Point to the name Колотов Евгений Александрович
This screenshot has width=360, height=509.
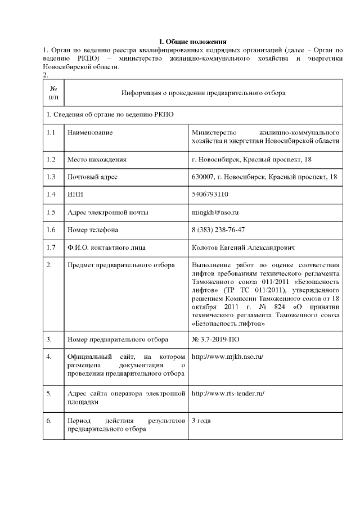[x=243, y=247]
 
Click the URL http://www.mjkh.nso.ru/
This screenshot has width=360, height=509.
[x=227, y=357]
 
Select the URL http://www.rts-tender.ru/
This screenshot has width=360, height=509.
[x=228, y=393]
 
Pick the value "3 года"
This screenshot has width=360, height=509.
[x=201, y=420]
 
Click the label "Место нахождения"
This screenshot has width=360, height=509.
[x=96, y=160]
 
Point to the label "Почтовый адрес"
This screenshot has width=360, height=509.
[x=92, y=177]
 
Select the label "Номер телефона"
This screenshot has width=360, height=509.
[x=92, y=229]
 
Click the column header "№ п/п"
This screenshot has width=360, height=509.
[x=53, y=93]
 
